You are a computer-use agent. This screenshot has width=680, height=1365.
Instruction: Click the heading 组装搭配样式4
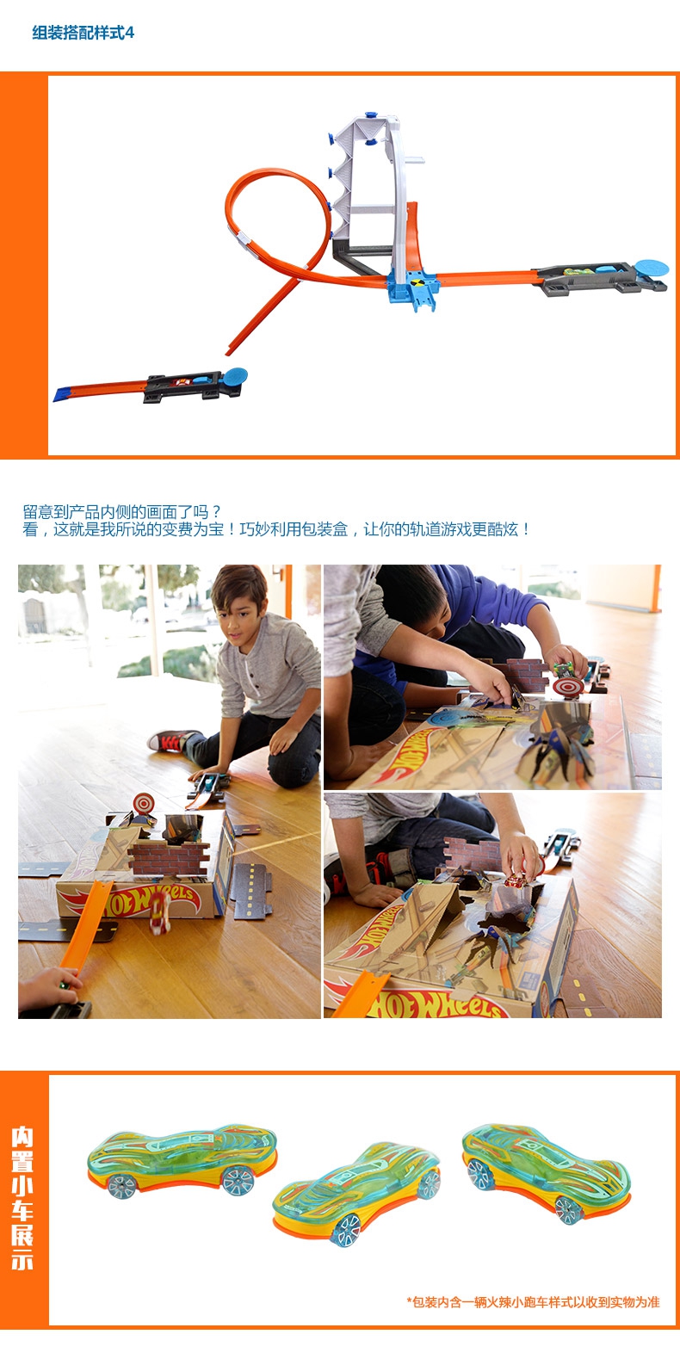(83, 33)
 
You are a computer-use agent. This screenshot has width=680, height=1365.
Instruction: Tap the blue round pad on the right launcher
(652, 268)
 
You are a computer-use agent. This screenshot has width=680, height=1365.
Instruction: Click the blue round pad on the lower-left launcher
(235, 376)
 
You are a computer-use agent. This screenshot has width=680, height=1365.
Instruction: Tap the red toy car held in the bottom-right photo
(517, 880)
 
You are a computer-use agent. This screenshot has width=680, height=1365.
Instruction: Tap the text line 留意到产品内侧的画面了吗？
(122, 512)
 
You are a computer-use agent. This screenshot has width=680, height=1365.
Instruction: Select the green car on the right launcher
(578, 271)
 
